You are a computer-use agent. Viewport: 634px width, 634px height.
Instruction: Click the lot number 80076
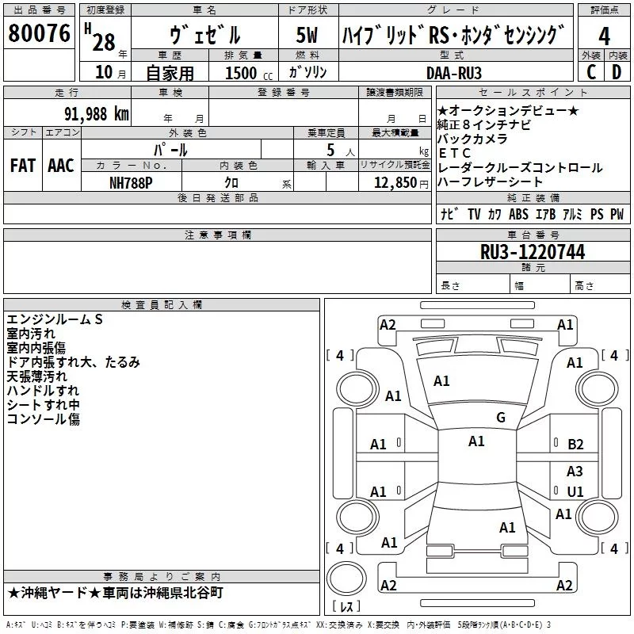(x=40, y=35)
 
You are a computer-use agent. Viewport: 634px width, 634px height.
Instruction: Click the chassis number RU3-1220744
(x=533, y=253)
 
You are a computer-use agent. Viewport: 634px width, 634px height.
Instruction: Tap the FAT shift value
(x=23, y=165)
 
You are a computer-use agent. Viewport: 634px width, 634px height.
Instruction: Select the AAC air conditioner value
(x=61, y=165)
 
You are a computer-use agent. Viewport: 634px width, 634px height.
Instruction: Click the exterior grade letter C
(x=590, y=72)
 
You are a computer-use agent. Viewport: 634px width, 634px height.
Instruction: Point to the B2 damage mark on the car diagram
(x=575, y=445)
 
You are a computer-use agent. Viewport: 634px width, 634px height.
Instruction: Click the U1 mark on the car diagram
(x=575, y=491)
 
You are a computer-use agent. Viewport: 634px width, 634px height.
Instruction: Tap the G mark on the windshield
(x=500, y=418)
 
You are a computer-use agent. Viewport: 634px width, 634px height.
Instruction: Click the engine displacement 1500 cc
(x=246, y=73)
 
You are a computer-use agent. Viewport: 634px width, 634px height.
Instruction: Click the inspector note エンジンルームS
(x=55, y=319)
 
